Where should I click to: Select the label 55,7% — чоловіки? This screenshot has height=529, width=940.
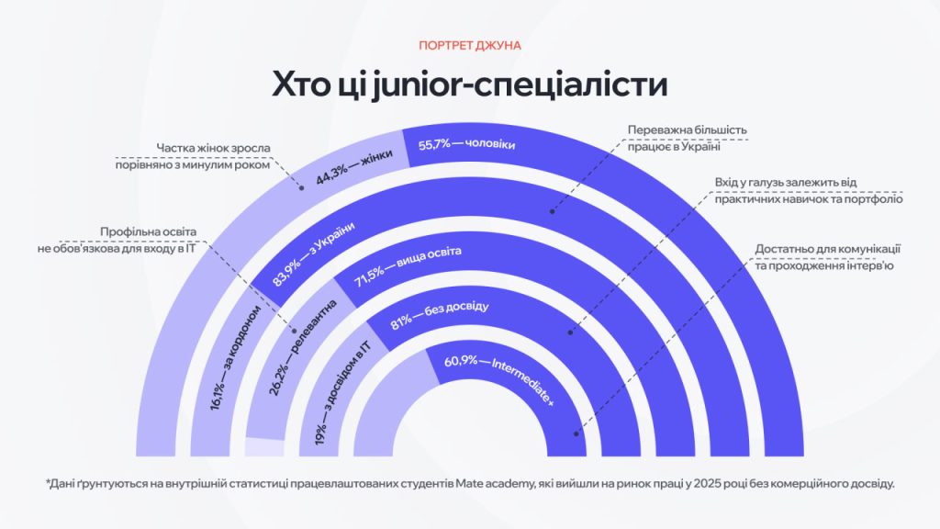pos(467,144)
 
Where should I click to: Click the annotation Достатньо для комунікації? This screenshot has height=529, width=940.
pos(825,257)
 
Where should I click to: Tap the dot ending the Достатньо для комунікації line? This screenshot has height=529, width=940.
pos(576,434)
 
